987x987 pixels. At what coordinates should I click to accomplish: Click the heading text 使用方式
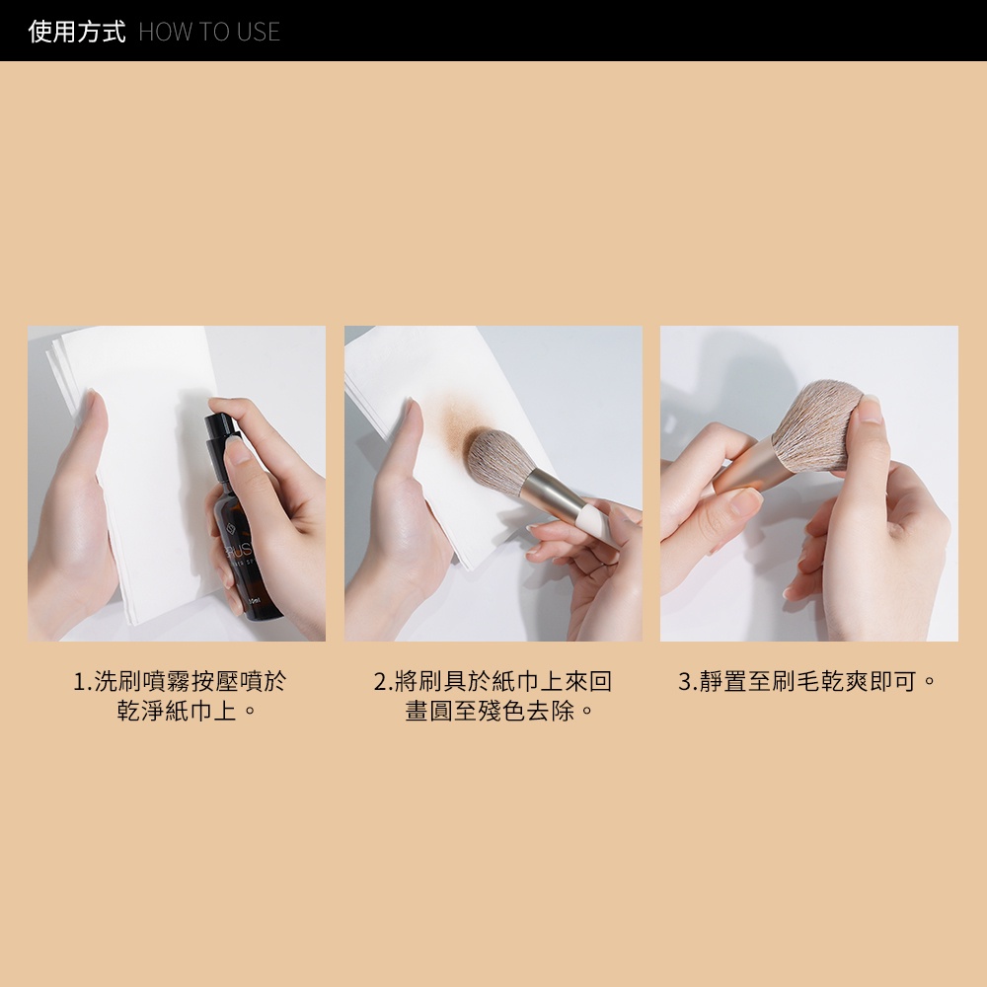coord(77,32)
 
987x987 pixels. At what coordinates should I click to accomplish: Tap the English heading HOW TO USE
coord(209,33)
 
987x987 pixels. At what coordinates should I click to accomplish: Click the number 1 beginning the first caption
coord(79,681)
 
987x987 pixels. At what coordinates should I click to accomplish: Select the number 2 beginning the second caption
coord(380,681)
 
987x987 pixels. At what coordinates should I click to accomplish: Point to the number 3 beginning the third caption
coord(685,681)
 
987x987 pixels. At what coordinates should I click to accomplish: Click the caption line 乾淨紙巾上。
coord(188,711)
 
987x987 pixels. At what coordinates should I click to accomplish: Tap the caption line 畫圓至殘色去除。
coord(500,711)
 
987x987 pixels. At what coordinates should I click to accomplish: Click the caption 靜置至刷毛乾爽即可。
coord(816,681)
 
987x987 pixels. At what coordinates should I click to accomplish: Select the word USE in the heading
coord(259,33)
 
